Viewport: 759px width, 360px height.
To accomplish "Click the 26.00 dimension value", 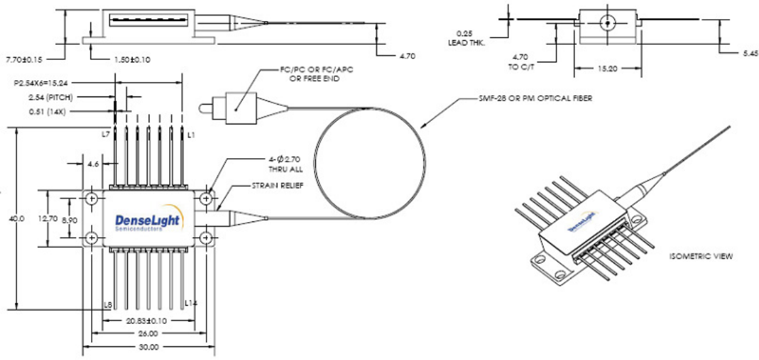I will (147, 334).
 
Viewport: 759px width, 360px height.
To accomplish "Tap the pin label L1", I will (191, 135).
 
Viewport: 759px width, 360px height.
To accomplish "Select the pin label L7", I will (106, 135).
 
